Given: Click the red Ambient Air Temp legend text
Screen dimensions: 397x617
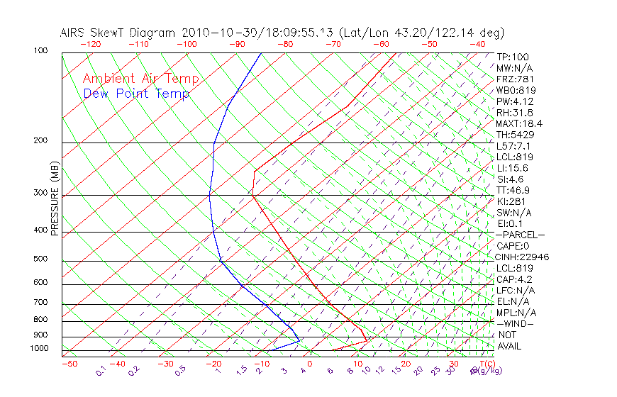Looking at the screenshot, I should coord(140,79).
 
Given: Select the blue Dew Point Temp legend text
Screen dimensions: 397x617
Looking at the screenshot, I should coord(136,94).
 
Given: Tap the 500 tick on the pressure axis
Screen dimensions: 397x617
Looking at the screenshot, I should coord(41,259).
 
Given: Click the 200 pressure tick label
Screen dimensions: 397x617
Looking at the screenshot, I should coord(41,140).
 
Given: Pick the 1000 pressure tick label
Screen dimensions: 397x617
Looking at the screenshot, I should coord(39,349).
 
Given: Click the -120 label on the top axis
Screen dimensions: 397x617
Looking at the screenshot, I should coord(90,44).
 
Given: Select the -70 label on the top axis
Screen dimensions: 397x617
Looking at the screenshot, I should coord(333,44).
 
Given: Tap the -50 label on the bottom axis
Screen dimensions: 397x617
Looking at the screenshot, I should coord(69,364).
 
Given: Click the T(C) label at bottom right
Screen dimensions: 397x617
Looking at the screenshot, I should coord(488,364).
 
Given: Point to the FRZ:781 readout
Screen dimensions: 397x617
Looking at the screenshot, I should coord(516,79).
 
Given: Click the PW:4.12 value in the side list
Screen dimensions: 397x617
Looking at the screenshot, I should coord(515,101).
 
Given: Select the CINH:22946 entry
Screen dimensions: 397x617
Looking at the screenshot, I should coord(523,257).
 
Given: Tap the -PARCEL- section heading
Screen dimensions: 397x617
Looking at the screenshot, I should coord(520,235).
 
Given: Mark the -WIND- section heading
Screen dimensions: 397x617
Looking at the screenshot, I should coord(515,323).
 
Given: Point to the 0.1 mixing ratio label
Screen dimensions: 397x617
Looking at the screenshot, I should coord(101,371).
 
